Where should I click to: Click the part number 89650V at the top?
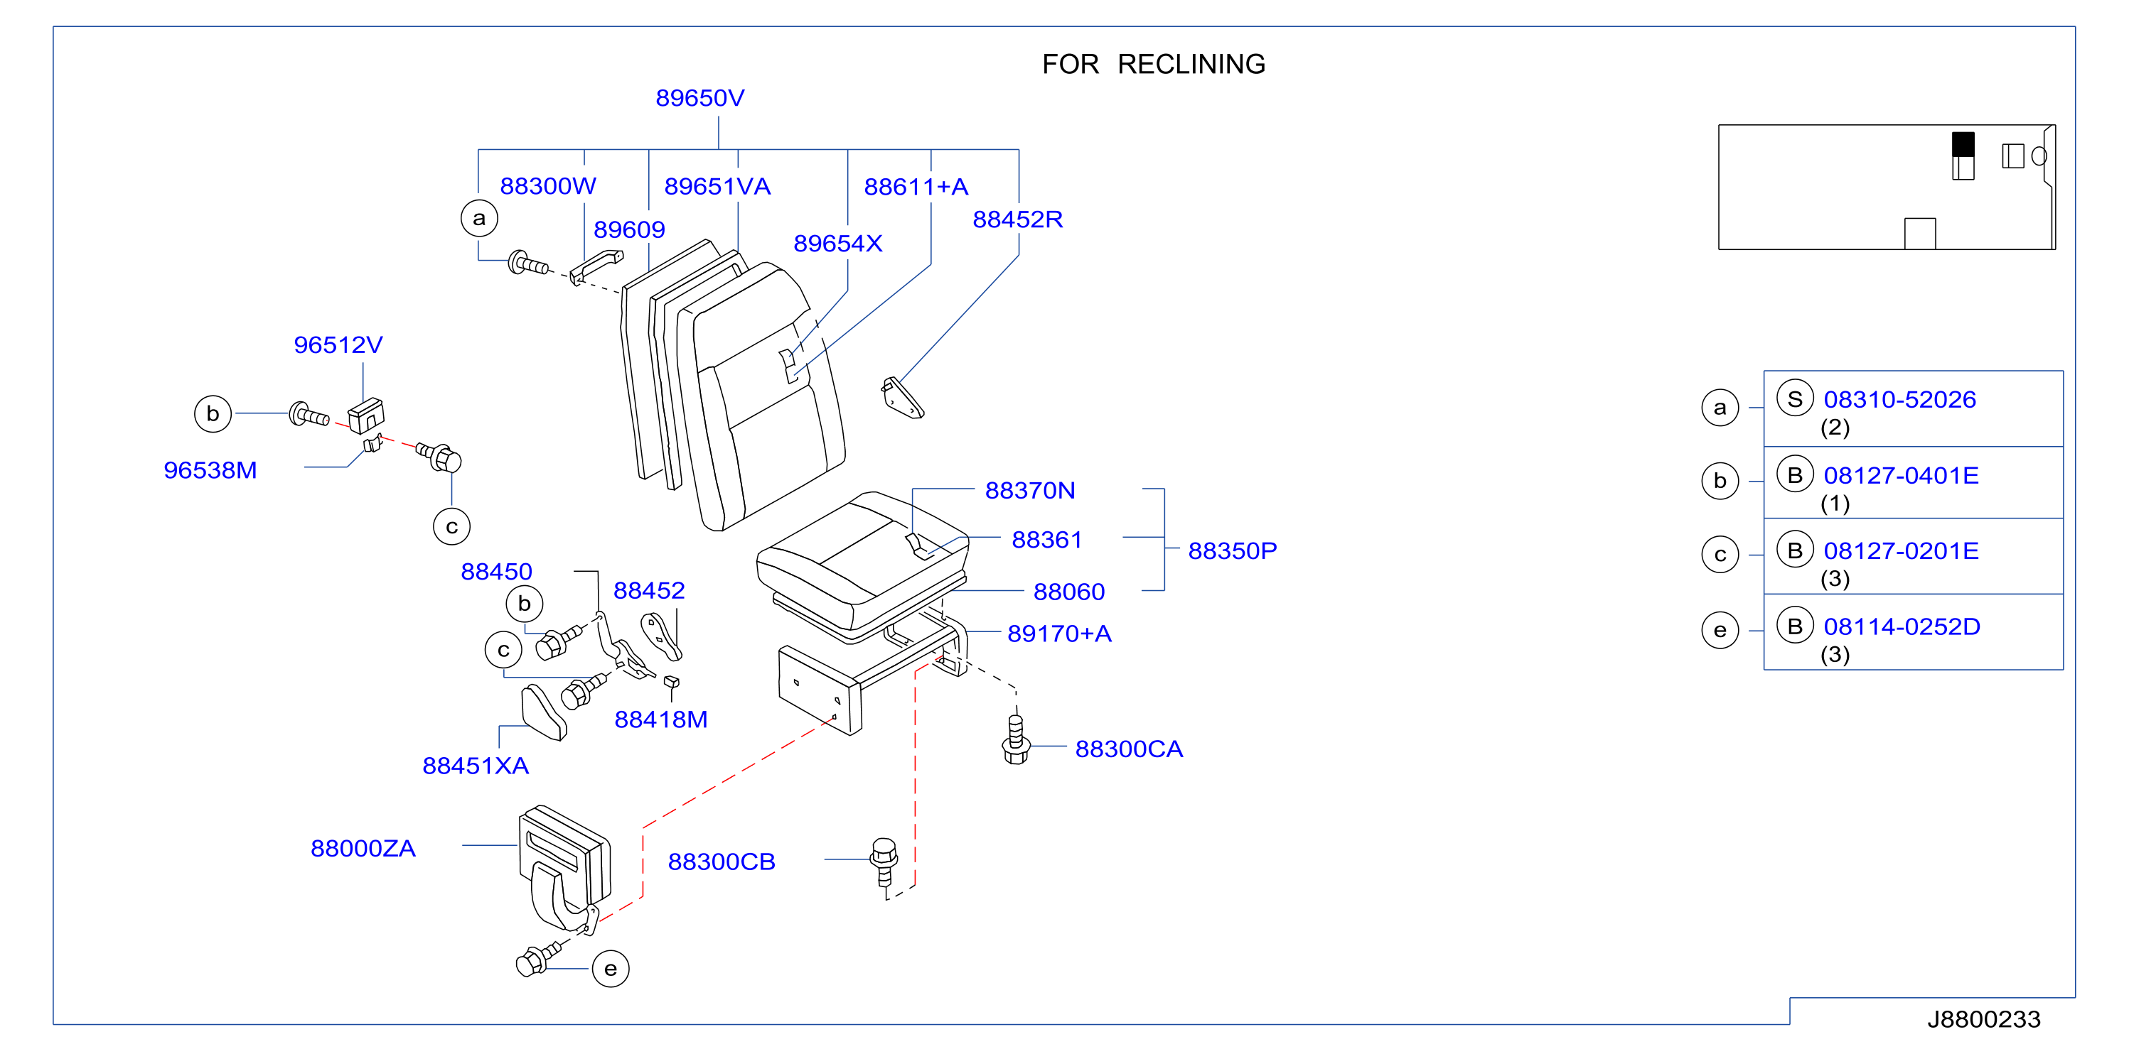pos(699,98)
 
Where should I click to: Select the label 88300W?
pos(547,186)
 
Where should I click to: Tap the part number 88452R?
pos(1017,219)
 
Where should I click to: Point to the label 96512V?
pos(338,345)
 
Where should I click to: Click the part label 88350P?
pos(1233,551)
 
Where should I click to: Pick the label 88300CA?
pos(1129,749)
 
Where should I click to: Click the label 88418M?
pos(661,719)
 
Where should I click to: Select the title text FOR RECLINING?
pos(1154,65)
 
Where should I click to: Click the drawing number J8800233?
pos(1983,1019)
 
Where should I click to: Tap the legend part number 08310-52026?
pos(1899,400)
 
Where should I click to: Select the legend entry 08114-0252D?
pos(1902,627)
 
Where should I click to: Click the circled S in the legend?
pos(1794,399)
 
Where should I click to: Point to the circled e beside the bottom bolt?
pos(611,969)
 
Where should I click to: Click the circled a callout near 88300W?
pos(479,219)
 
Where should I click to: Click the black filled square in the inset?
pos(1963,145)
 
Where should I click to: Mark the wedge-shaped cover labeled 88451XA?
pos(544,712)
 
